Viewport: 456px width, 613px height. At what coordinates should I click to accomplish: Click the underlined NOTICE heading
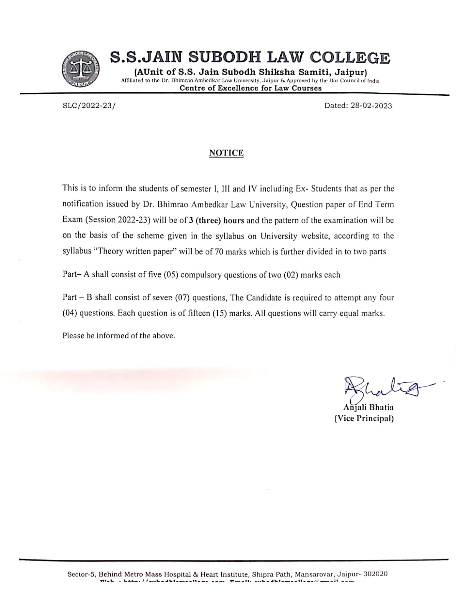point(226,153)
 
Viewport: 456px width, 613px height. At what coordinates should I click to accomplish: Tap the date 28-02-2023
point(371,106)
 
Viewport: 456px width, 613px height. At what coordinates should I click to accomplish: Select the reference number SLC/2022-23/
point(89,105)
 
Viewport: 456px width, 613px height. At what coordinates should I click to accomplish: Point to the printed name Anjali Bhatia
point(368,407)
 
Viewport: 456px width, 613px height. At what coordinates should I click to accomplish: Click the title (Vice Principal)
point(364,418)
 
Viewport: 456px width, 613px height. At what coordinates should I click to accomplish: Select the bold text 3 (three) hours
point(217,220)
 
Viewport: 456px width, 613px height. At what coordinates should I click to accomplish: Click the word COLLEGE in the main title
point(349,58)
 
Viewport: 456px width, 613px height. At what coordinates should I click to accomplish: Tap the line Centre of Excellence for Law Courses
point(251,88)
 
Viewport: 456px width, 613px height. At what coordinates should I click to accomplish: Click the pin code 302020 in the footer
point(375,574)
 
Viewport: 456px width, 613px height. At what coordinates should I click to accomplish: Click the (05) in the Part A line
point(171,275)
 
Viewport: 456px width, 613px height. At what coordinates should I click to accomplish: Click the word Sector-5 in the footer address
point(82,574)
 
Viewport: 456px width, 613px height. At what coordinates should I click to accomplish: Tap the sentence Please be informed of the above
point(119,336)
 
